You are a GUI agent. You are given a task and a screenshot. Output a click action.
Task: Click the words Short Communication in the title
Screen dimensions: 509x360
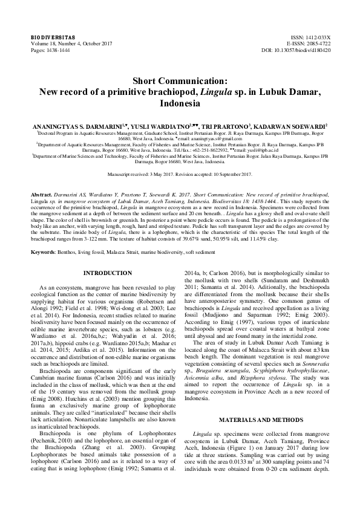coord(180,80)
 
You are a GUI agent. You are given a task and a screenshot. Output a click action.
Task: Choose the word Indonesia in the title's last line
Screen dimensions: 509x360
coord(180,103)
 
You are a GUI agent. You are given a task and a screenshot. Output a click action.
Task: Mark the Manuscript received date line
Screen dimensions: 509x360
coord(180,174)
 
